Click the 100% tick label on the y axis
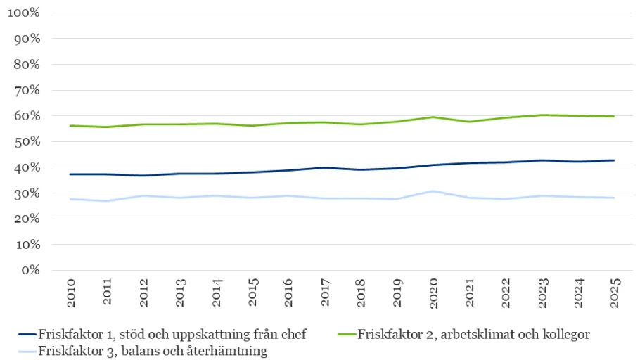pos(25,13)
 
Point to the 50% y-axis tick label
pos(27,142)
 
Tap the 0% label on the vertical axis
pos(30,271)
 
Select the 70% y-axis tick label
pos(27,91)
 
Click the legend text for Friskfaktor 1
pos(172,333)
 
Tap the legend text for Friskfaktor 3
pos(153,351)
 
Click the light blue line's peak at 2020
pos(433,191)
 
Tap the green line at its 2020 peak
pos(433,117)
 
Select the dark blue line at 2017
pos(325,167)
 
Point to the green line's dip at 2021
pos(470,122)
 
